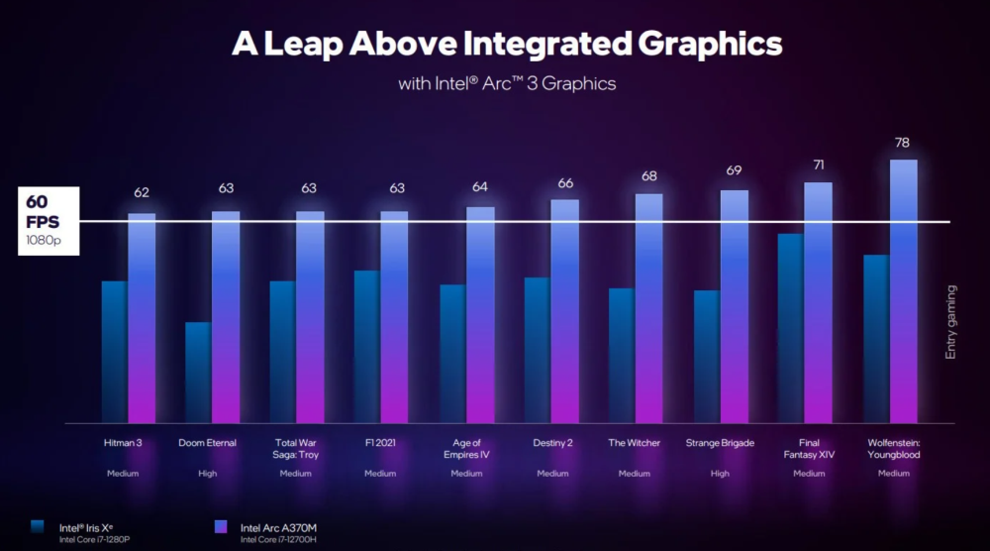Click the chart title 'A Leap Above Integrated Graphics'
coord(507,44)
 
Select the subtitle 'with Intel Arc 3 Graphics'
coord(507,83)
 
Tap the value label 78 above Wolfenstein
coord(903,144)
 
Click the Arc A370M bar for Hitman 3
coord(142,317)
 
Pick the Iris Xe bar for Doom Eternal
coord(198,372)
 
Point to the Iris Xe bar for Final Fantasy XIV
coord(790,327)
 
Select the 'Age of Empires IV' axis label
coord(466,449)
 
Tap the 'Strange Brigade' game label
coord(720,443)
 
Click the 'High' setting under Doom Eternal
coord(208,474)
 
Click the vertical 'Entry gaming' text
coord(951,322)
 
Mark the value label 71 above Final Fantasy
coord(819,165)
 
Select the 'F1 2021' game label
coord(380,443)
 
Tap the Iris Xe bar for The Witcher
coord(621,355)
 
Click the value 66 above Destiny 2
coord(565,183)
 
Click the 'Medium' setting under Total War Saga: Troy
coord(295,474)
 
